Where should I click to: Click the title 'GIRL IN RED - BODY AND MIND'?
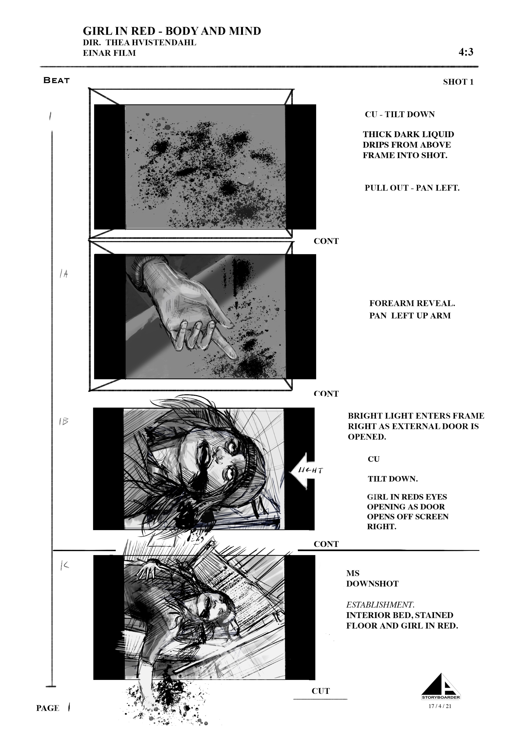172,31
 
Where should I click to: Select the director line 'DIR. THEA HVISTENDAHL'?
140,43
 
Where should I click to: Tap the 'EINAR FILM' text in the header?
109,53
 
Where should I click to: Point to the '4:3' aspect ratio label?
466,52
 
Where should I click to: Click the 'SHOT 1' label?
458,82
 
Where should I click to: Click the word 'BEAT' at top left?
57,80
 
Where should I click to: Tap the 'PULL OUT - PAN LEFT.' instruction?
412,188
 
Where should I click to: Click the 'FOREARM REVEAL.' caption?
412,303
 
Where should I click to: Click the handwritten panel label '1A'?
64,274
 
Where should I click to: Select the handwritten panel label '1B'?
64,421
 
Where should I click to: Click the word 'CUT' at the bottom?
321,691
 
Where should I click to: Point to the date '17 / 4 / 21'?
440,706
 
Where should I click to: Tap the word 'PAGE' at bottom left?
48,708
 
